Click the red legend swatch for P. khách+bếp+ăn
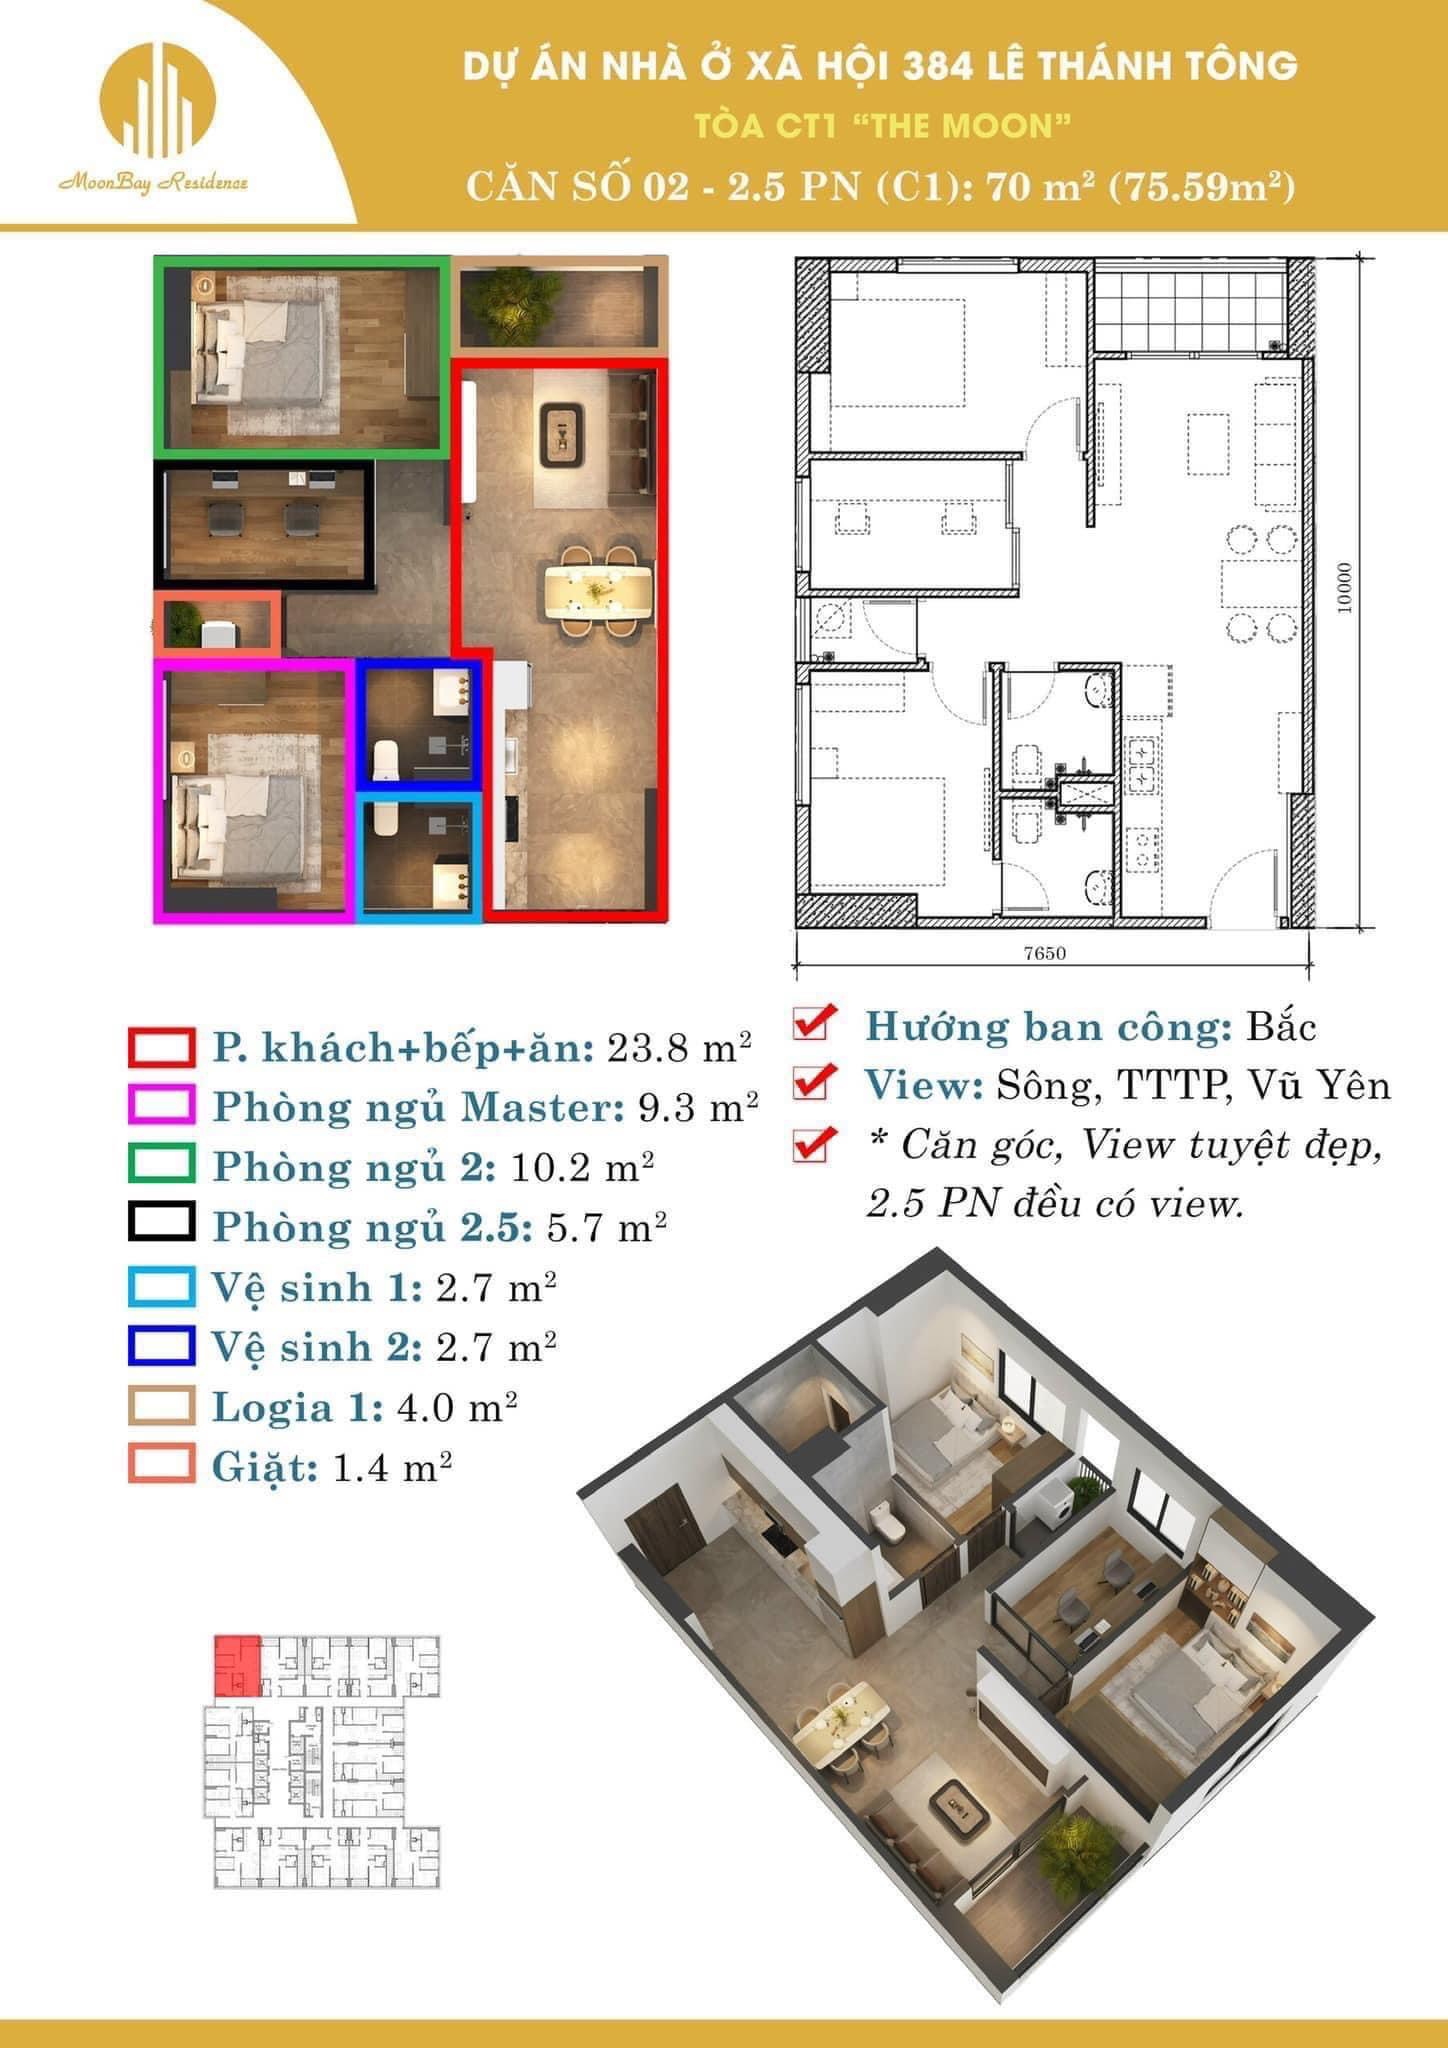pos(161,1048)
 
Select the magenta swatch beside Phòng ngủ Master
pos(161,1106)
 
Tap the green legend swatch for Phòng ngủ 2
pos(161,1166)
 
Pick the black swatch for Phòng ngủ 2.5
pos(161,1225)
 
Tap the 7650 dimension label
pos(1044,953)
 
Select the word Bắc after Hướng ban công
pos(1282,1027)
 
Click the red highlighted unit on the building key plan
pos(239,1666)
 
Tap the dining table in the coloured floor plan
pos(598,589)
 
